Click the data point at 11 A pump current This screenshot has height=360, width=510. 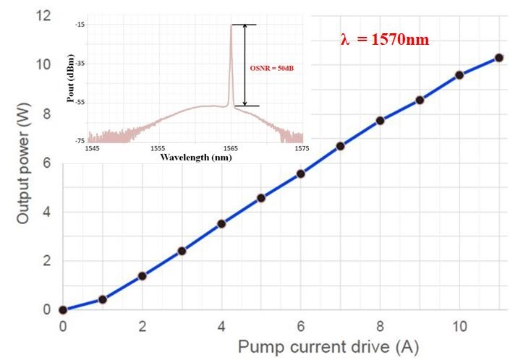pos(498,58)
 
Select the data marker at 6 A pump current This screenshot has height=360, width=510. pos(301,173)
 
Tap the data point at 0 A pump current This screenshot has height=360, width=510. pos(63,309)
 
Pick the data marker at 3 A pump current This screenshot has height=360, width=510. pos(182,251)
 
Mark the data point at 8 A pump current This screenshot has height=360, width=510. pos(380,120)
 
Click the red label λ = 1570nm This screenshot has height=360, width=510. pos(385,40)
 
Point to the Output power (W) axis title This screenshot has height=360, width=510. pos(23,166)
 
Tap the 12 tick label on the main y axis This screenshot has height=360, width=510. pos(43,15)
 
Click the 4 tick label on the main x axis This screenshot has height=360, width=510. pos(221,326)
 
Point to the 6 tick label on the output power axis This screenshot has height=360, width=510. pos(46,163)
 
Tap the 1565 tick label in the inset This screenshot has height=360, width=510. pos(233,147)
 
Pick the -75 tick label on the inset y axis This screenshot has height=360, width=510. pos(80,140)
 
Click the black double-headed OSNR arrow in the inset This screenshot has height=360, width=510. pos(246,65)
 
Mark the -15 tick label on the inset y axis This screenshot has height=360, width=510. pos(80,25)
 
